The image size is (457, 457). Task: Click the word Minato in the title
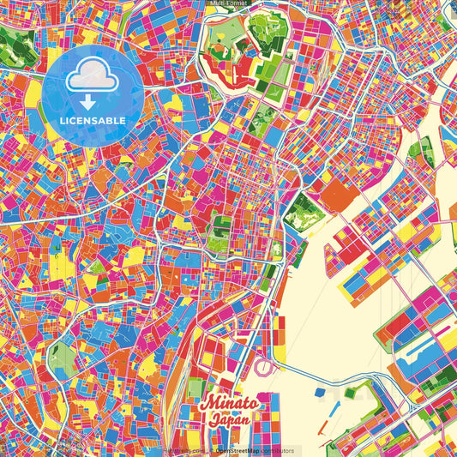click(227, 403)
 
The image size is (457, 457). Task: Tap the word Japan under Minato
click(231, 420)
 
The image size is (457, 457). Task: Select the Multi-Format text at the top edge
click(228, 3)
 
